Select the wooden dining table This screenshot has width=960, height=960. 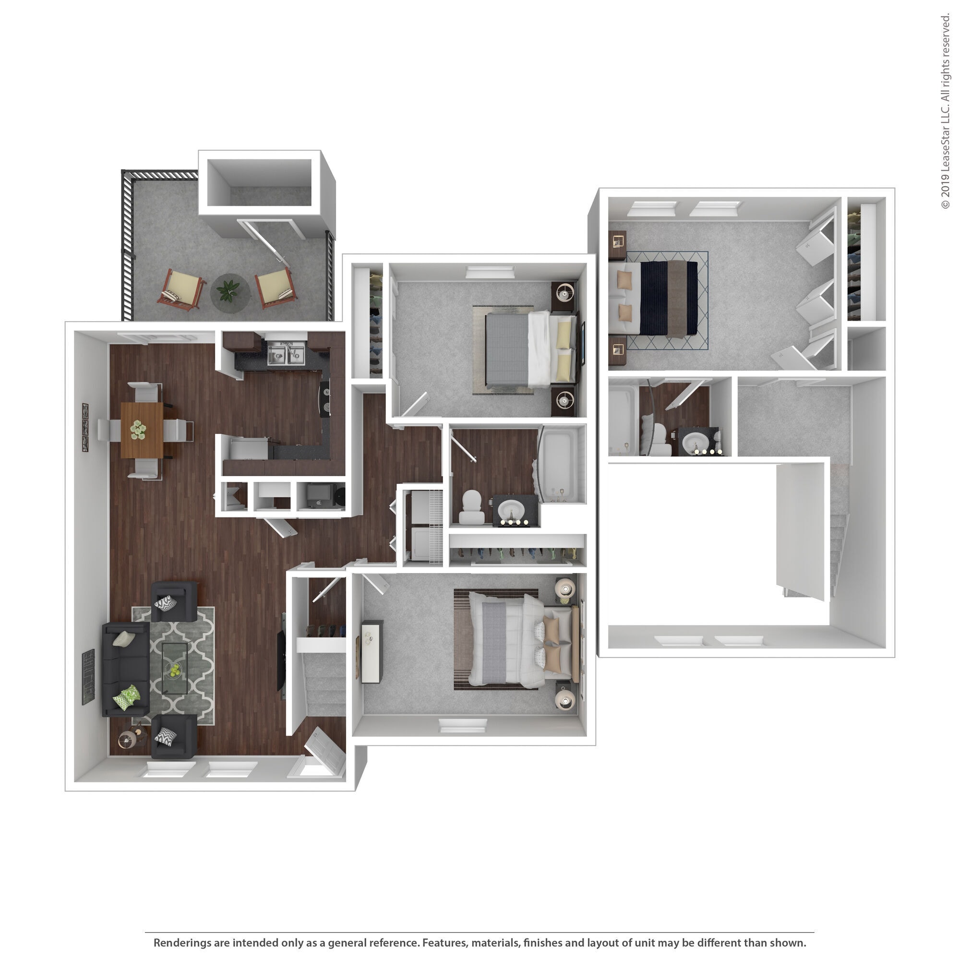(x=142, y=430)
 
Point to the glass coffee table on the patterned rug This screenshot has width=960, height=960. (x=175, y=668)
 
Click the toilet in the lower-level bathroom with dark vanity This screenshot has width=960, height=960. (x=471, y=508)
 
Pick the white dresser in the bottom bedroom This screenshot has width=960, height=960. (x=372, y=651)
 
